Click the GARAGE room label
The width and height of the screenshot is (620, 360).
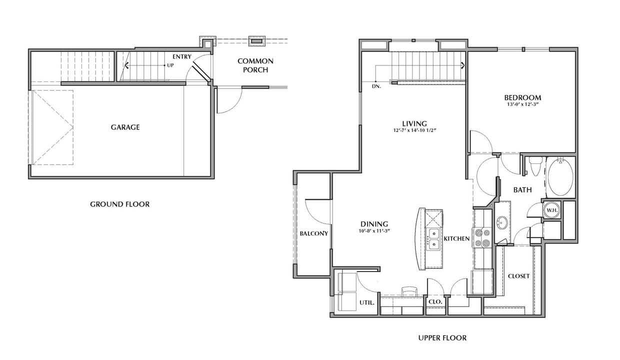pyautogui.click(x=125, y=127)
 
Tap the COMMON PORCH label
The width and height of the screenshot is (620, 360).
pyautogui.click(x=255, y=65)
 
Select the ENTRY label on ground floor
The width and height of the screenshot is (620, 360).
pyautogui.click(x=181, y=56)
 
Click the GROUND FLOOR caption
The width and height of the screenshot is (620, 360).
pyautogui.click(x=119, y=204)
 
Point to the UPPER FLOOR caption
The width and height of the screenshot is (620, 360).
pyautogui.click(x=442, y=338)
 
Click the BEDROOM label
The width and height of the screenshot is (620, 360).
pyautogui.click(x=522, y=97)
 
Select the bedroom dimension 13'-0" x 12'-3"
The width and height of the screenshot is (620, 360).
pyautogui.click(x=522, y=105)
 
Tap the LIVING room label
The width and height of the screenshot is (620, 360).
pyautogui.click(x=414, y=123)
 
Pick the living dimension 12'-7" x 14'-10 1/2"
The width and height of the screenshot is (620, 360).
pyautogui.click(x=414, y=131)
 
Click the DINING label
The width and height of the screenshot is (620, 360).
pyautogui.click(x=374, y=224)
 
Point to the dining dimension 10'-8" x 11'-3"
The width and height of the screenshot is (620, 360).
pyautogui.click(x=374, y=231)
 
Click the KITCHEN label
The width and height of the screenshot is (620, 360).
pyautogui.click(x=456, y=238)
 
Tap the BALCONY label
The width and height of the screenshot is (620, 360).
pyautogui.click(x=313, y=233)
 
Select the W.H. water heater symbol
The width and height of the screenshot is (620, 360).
pyautogui.click(x=551, y=210)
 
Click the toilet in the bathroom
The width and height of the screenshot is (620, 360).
pyautogui.click(x=535, y=166)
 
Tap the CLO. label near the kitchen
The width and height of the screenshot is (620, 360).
pyautogui.click(x=435, y=302)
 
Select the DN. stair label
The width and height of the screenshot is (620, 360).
pyautogui.click(x=376, y=86)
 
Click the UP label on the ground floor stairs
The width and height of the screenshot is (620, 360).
pyautogui.click(x=170, y=65)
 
